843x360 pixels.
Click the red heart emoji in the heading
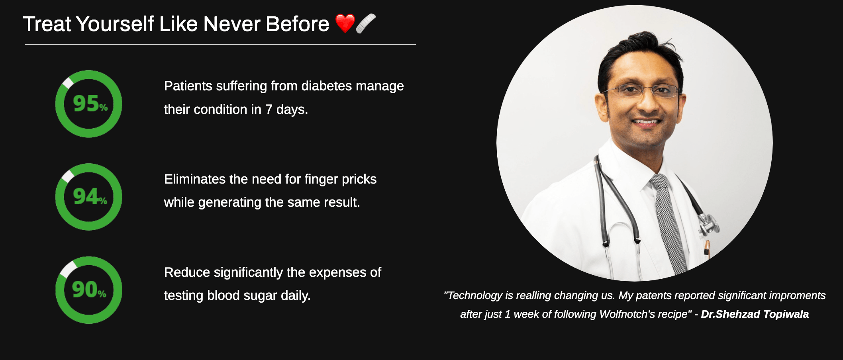[x=345, y=23]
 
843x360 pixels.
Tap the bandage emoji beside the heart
[x=366, y=23]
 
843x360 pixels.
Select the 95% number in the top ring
[x=90, y=104]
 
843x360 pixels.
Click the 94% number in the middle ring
[x=90, y=196]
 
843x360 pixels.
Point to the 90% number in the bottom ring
[x=89, y=290]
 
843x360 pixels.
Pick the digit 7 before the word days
[x=269, y=110]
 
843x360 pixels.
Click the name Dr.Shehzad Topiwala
[x=755, y=314]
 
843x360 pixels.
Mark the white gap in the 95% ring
[x=68, y=82]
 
